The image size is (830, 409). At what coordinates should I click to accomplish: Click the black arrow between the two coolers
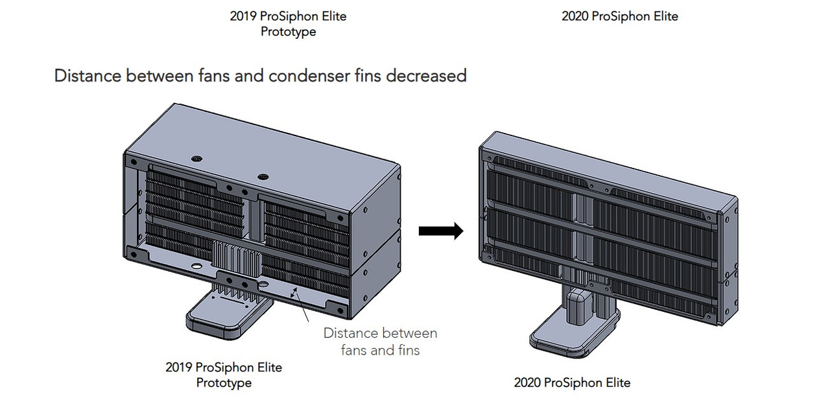441,231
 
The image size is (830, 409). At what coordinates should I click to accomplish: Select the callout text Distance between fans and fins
380,342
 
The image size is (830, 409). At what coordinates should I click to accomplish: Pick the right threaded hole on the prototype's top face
263,176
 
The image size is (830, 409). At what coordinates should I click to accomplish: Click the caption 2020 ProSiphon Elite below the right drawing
572,382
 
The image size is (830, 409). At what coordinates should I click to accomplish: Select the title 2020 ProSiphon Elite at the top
619,16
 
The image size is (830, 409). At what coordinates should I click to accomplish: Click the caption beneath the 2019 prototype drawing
224,375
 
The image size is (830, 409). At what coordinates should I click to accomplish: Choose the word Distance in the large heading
88,76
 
